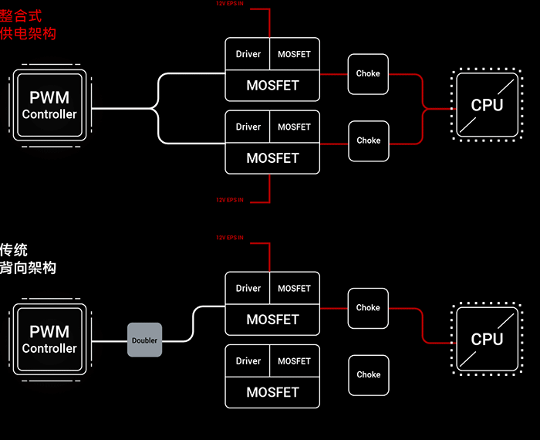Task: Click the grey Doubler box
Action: click(x=144, y=340)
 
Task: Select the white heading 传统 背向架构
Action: click(x=29, y=259)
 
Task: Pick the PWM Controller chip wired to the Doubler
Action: click(x=49, y=340)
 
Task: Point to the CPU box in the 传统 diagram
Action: click(x=487, y=339)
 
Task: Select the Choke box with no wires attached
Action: click(x=368, y=374)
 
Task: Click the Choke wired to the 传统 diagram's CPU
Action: click(x=368, y=307)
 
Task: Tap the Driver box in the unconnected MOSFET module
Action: click(x=248, y=360)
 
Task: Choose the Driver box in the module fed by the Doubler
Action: click(x=248, y=288)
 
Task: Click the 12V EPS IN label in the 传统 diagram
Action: click(x=230, y=237)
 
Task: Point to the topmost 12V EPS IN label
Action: click(x=230, y=4)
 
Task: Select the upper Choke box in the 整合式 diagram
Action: click(x=368, y=74)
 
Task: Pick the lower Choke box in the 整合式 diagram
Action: click(x=368, y=140)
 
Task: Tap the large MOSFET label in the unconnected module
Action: click(x=272, y=392)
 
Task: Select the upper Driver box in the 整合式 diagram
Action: click(x=248, y=54)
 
